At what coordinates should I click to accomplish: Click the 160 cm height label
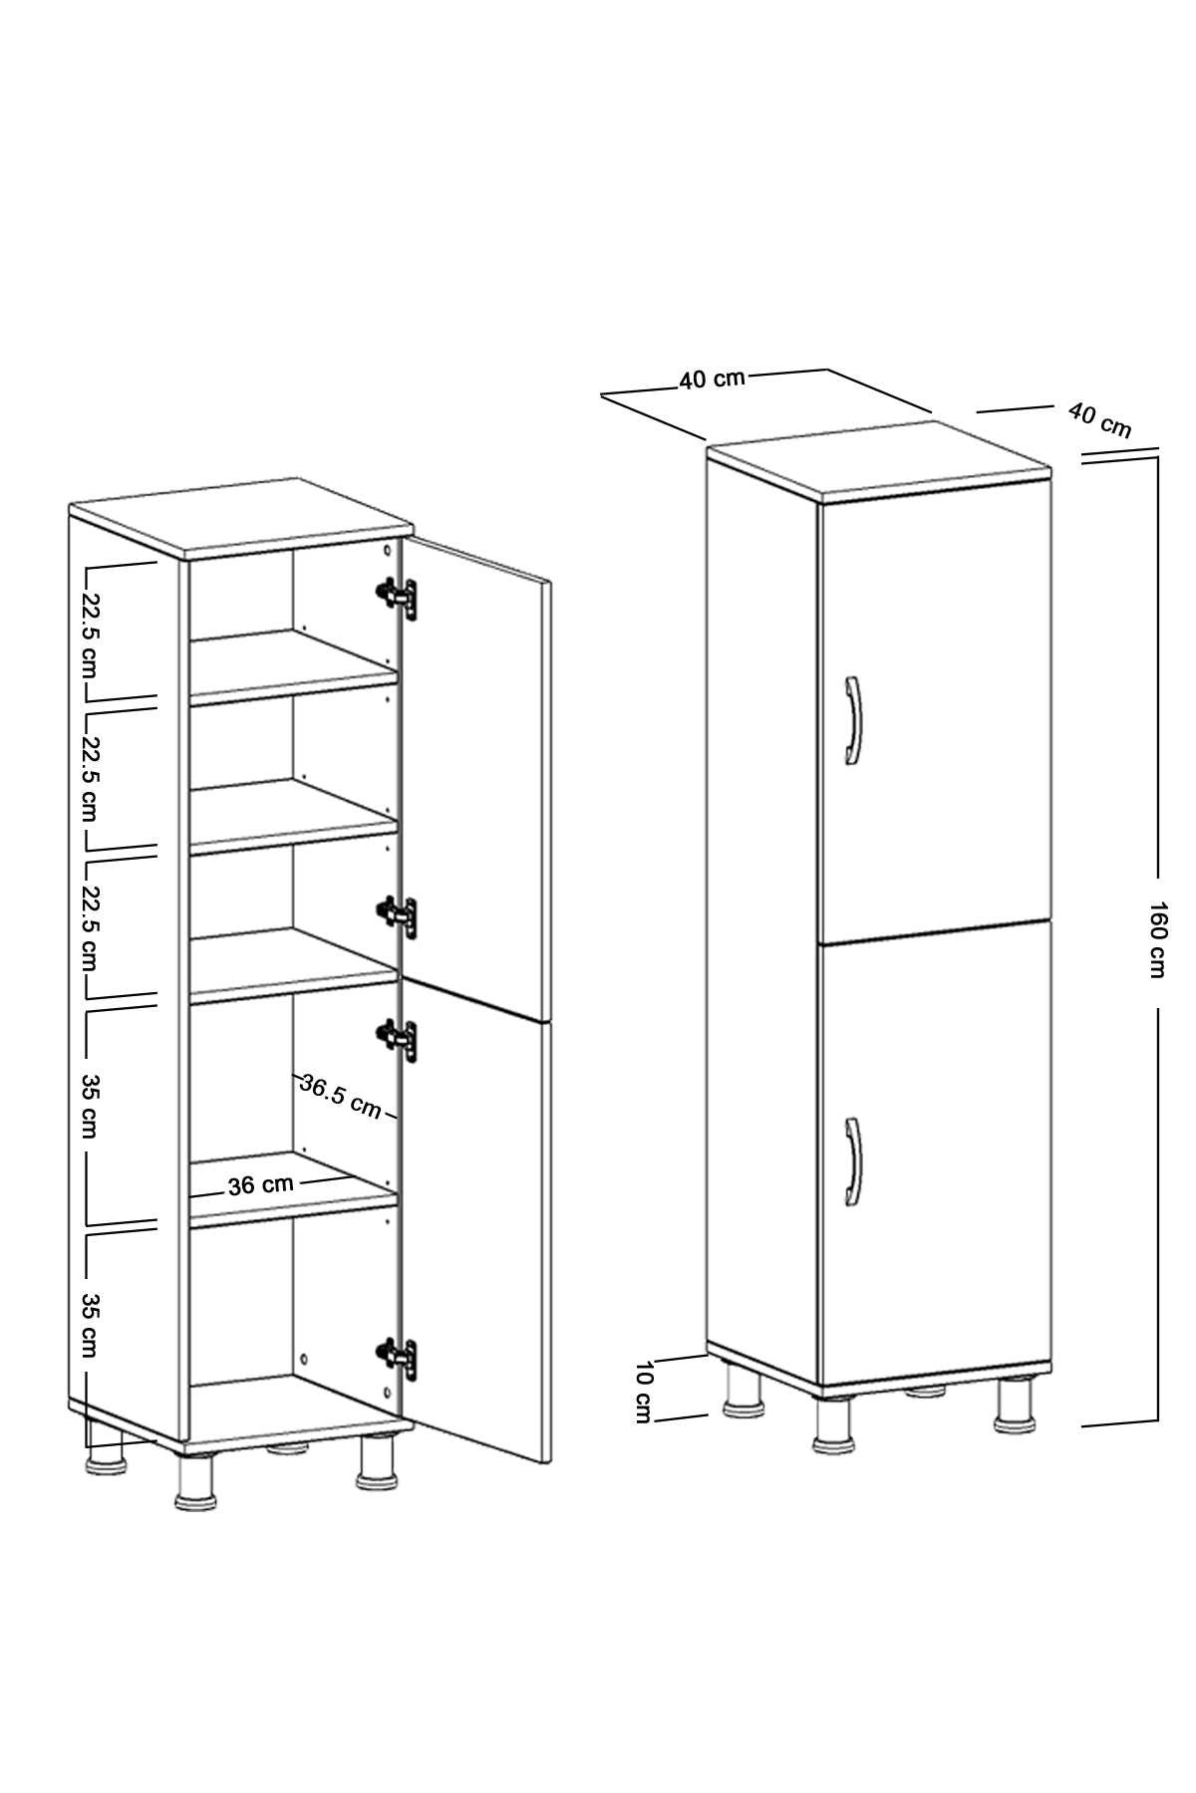1156,939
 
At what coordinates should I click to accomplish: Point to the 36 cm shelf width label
261,1184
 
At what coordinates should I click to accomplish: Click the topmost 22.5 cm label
91,631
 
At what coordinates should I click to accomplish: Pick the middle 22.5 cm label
91,778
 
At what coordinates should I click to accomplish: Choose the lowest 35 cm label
90,1325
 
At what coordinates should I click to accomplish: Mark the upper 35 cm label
90,1107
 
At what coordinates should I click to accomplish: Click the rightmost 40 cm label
1100,419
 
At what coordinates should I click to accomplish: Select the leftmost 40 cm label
712,379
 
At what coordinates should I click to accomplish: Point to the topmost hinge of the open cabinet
397,595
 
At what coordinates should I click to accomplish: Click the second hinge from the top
397,914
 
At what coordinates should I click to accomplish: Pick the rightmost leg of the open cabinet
377,1462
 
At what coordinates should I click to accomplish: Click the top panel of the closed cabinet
879,460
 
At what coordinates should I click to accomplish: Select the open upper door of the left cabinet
474,777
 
